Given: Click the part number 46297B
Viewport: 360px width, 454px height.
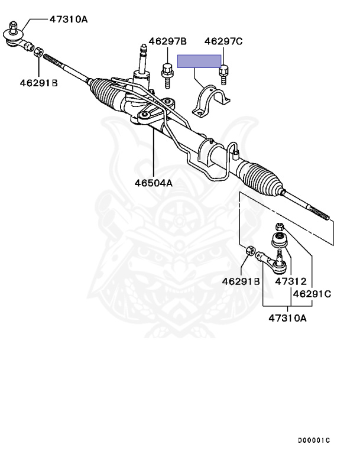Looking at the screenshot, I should pyautogui.click(x=167, y=41).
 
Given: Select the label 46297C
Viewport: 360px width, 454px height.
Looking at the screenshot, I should pyautogui.click(x=223, y=41).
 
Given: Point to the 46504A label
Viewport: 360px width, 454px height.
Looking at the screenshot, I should pyautogui.click(x=153, y=183).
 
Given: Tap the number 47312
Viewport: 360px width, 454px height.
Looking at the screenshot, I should pyautogui.click(x=291, y=281).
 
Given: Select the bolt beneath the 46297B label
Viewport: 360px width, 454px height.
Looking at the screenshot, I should pyautogui.click(x=166, y=73).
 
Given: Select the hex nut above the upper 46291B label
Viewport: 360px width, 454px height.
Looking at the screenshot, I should pyautogui.click(x=37, y=53).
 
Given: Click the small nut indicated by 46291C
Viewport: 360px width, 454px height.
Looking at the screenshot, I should pyautogui.click(x=280, y=226).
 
